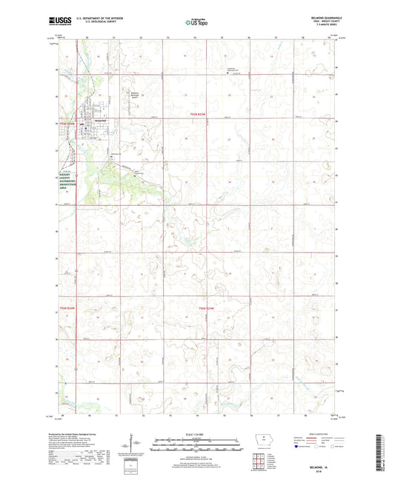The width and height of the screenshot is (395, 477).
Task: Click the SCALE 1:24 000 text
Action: tap(197, 433)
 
